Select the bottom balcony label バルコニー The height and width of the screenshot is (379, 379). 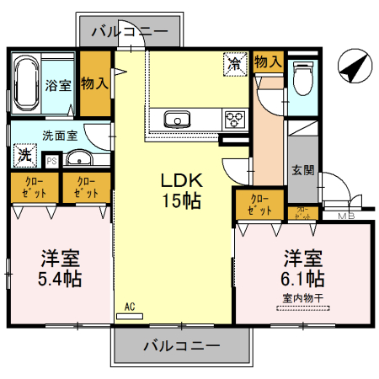point(181,345)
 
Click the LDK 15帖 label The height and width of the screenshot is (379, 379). point(180,190)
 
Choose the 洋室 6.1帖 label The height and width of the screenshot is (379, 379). point(303,266)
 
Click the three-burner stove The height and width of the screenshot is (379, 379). point(234,119)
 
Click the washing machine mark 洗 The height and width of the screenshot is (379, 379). point(25,156)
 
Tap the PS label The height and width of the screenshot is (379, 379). point(51,160)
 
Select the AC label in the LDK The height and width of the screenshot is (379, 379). point(130,307)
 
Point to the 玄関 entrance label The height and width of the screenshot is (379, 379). point(303,170)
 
